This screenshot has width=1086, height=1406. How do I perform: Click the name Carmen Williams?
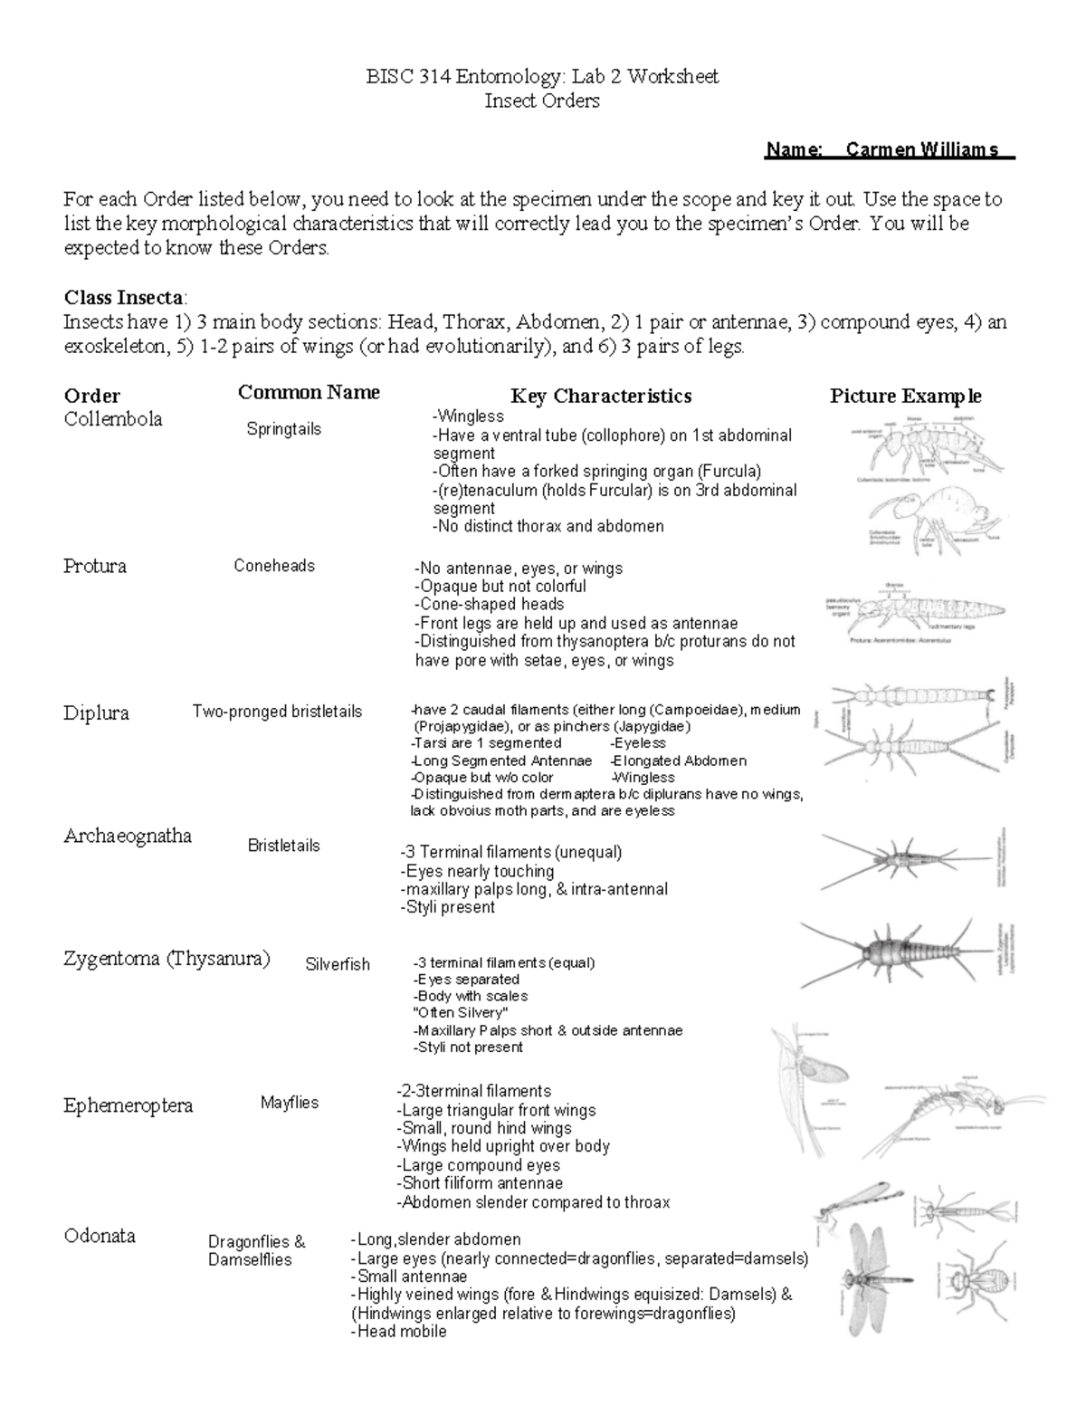tap(921, 149)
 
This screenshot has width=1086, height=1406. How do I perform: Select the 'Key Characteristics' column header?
tap(601, 396)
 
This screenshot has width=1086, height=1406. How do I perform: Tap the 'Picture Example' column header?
tap(905, 396)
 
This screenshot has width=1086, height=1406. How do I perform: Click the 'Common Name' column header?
tap(309, 392)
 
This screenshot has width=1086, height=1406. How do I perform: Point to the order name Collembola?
tap(113, 419)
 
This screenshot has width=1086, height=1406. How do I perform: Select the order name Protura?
tap(95, 567)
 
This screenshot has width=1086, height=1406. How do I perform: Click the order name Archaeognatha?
tap(128, 836)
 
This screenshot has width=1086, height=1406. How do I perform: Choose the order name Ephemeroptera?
tap(128, 1105)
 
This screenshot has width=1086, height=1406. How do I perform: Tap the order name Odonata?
tap(100, 1236)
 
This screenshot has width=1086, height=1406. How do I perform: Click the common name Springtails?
tap(283, 429)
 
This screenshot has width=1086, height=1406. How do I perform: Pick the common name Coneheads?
tap(274, 566)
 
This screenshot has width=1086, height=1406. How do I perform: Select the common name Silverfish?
tap(338, 965)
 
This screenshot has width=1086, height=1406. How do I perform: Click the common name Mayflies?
tap(290, 1103)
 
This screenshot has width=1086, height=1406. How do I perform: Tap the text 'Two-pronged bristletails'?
tap(277, 712)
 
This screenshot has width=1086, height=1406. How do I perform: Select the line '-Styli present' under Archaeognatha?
tap(447, 907)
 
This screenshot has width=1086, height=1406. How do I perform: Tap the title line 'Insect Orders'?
tap(541, 100)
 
